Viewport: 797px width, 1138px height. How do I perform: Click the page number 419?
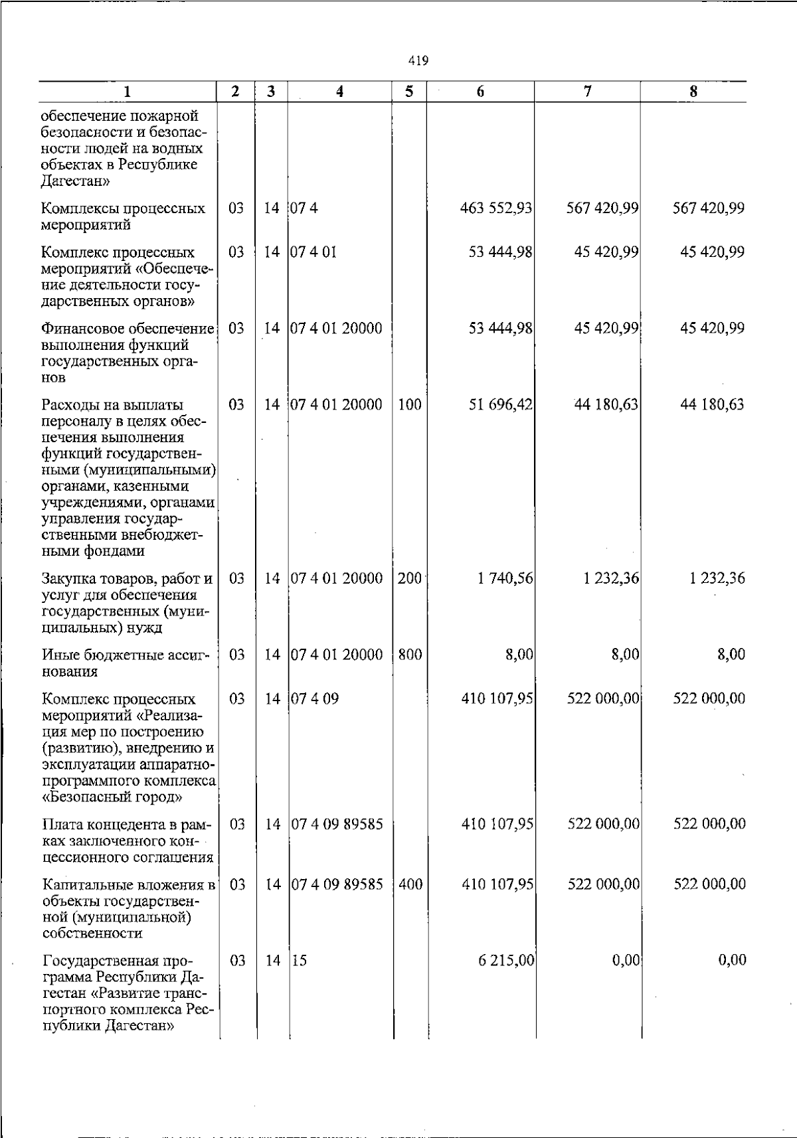pos(418,61)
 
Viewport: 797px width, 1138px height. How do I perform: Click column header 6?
pos(480,92)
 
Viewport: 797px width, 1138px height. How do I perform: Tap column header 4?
pos(339,92)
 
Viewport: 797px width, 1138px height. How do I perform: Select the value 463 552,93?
pos(497,208)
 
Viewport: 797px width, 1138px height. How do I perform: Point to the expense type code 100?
pos(410,405)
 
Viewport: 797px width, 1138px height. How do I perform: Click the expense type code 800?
pos(410,655)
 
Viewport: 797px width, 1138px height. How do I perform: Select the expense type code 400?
pos(410,884)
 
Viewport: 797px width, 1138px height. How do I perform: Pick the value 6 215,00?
pos(506,961)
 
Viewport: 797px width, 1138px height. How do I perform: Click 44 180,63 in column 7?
pos(606,405)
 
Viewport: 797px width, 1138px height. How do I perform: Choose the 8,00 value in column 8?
pos(731,655)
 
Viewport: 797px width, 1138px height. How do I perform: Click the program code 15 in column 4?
pos(300,961)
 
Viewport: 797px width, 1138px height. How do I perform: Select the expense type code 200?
pos(410,579)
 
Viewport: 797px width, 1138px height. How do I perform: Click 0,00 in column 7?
pos(626,961)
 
